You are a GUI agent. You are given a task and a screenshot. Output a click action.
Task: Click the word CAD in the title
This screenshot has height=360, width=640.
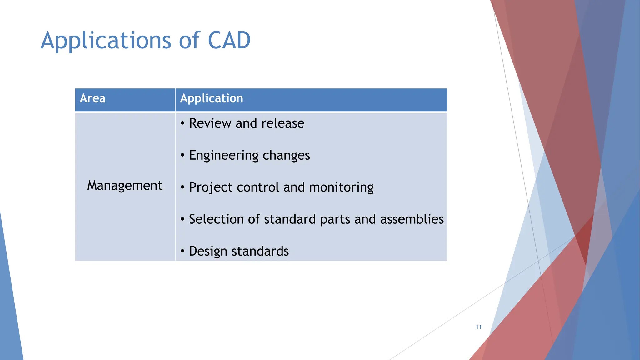[x=229, y=41]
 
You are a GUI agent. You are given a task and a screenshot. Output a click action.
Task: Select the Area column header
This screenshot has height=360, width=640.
[x=92, y=98]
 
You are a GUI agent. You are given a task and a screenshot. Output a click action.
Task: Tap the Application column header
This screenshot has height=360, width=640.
[x=212, y=99]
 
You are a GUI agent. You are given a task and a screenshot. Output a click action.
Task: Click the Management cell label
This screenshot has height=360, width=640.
[x=125, y=186]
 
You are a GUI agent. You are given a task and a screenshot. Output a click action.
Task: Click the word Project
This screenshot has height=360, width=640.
[x=211, y=187]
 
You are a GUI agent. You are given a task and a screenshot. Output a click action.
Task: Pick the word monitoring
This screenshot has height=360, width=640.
[x=341, y=187]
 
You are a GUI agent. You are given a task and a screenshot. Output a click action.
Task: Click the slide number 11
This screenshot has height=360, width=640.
[x=478, y=327]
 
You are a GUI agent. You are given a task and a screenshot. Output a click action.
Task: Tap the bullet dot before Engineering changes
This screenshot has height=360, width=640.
[x=182, y=155]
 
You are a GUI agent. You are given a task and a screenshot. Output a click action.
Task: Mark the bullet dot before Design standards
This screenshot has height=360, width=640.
[x=182, y=251]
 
